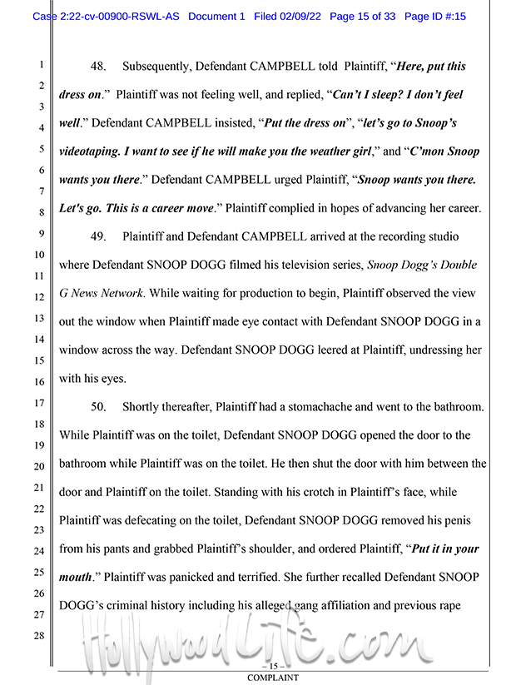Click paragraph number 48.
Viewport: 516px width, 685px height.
[98, 66]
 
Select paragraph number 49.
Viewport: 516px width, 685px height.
[98, 237]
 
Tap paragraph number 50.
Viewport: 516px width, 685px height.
[98, 407]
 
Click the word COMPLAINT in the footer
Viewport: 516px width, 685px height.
[272, 678]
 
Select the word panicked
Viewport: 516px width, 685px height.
[200, 577]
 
